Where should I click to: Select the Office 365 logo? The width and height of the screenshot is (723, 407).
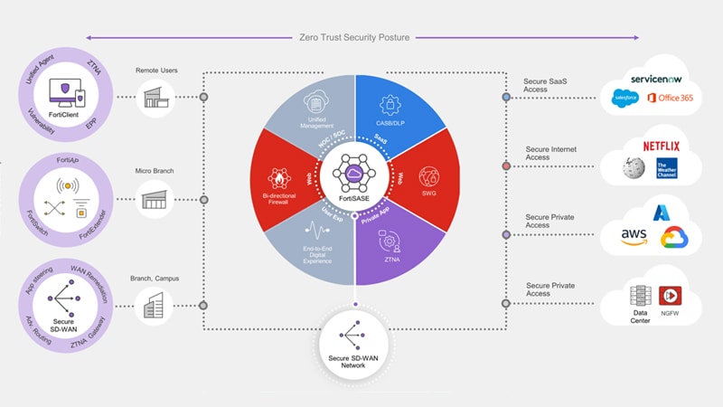670,98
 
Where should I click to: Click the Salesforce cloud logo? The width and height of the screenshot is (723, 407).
625,98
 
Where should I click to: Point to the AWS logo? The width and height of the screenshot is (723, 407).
634,235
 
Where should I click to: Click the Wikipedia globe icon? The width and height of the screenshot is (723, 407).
634,168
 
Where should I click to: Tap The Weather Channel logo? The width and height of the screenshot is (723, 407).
667,168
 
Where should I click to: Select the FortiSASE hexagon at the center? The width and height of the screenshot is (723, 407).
354,168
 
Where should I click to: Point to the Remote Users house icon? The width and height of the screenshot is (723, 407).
155,97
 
